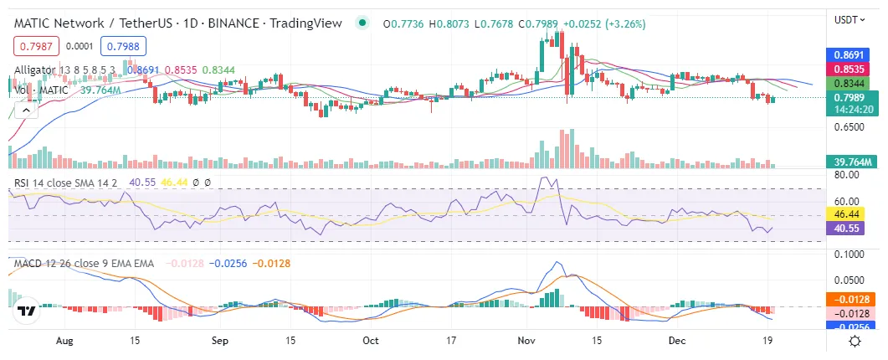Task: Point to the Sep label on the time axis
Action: [219, 341]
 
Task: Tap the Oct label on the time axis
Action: [371, 341]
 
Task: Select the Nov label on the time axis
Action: [526, 341]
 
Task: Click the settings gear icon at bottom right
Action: [855, 341]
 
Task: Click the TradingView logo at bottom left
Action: [27, 310]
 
